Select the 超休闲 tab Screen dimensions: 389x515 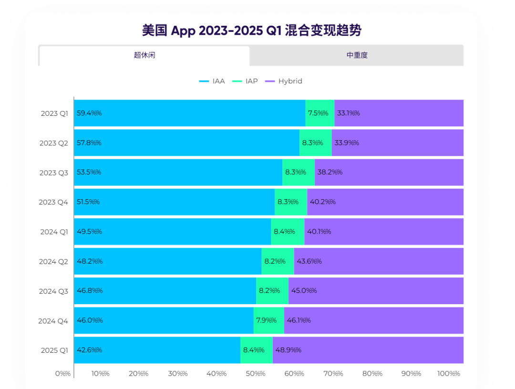tap(144, 55)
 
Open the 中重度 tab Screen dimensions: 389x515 tap(357, 55)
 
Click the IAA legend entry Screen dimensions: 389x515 tap(212, 81)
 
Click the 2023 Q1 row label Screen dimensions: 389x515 tap(54, 113)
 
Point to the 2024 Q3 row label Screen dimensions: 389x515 tap(53, 291)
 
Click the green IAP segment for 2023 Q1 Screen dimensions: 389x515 tap(319, 113)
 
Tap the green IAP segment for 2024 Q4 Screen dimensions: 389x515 tap(268, 320)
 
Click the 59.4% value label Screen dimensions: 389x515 tap(89, 113)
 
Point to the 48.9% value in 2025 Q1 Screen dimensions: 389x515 tap(288, 350)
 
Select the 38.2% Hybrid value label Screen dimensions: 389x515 tap(330, 172)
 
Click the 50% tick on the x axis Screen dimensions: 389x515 tap(256, 373)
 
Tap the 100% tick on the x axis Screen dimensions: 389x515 tap(448, 373)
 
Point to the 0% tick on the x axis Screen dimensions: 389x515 tap(63, 373)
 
